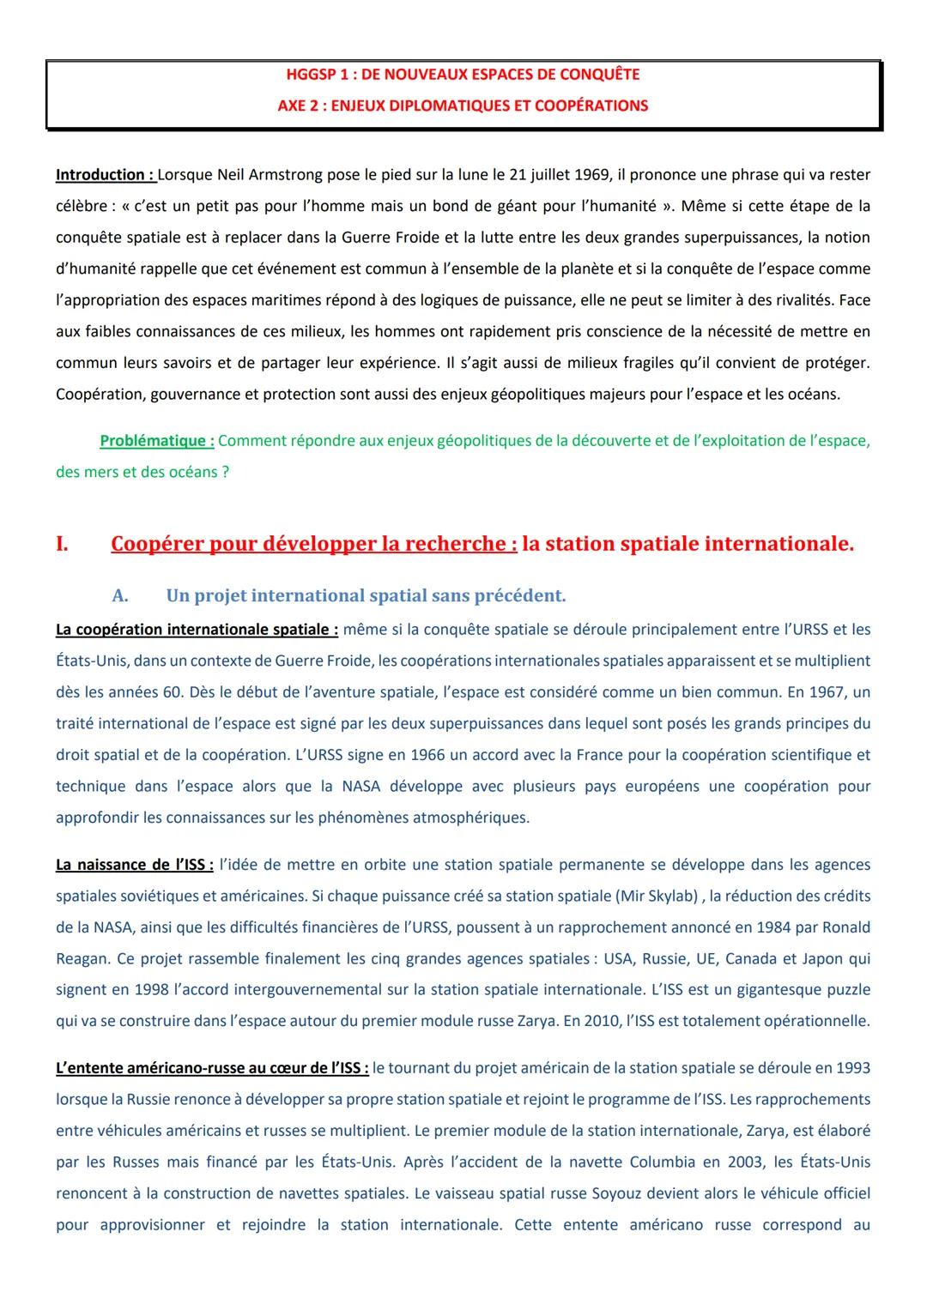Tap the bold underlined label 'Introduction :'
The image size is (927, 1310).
point(105,175)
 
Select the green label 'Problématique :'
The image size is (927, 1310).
point(157,441)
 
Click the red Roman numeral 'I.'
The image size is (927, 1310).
point(62,544)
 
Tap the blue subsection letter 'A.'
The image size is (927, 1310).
point(120,595)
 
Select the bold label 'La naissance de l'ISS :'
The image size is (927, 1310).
point(135,865)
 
